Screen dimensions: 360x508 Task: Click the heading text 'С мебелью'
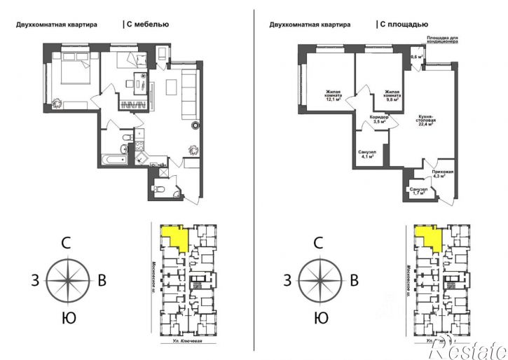148,25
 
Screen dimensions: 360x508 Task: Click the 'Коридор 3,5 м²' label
379,119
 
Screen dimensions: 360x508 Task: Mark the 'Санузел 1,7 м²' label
418,191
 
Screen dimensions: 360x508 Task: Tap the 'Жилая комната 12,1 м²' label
332,96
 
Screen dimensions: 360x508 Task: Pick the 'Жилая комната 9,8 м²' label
392,96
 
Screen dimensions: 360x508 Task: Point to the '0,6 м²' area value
417,57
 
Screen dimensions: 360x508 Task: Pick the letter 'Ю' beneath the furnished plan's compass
68,319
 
